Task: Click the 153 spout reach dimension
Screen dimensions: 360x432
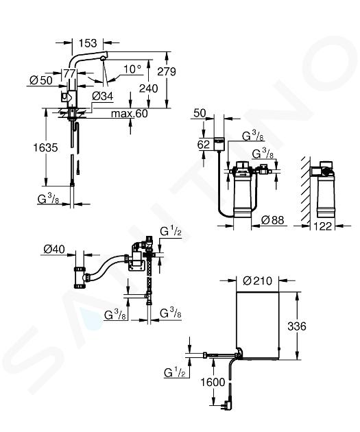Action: click(x=88, y=43)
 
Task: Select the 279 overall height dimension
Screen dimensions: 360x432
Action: click(x=167, y=71)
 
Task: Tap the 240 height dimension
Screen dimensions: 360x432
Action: click(x=149, y=88)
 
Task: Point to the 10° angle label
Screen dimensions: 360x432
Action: click(x=132, y=69)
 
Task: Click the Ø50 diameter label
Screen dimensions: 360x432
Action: click(x=40, y=80)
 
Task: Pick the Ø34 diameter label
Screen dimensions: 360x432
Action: click(x=102, y=97)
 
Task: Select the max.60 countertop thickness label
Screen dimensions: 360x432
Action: click(x=130, y=114)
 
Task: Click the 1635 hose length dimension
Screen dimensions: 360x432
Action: click(x=45, y=147)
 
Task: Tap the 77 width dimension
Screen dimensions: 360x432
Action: click(x=69, y=73)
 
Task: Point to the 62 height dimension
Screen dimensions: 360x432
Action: click(x=204, y=145)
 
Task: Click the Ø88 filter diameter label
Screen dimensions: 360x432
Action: click(x=272, y=220)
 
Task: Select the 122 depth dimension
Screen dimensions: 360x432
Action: click(x=323, y=226)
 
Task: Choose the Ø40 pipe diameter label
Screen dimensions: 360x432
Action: click(x=54, y=250)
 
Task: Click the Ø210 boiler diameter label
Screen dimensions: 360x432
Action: click(x=258, y=281)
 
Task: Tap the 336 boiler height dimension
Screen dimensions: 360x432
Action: click(x=297, y=326)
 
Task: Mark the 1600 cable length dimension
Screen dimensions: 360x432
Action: click(x=213, y=383)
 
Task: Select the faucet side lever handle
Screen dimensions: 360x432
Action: click(x=66, y=97)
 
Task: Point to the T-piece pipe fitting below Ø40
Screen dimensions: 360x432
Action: click(x=80, y=277)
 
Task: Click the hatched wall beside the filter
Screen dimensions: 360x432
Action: click(x=305, y=190)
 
